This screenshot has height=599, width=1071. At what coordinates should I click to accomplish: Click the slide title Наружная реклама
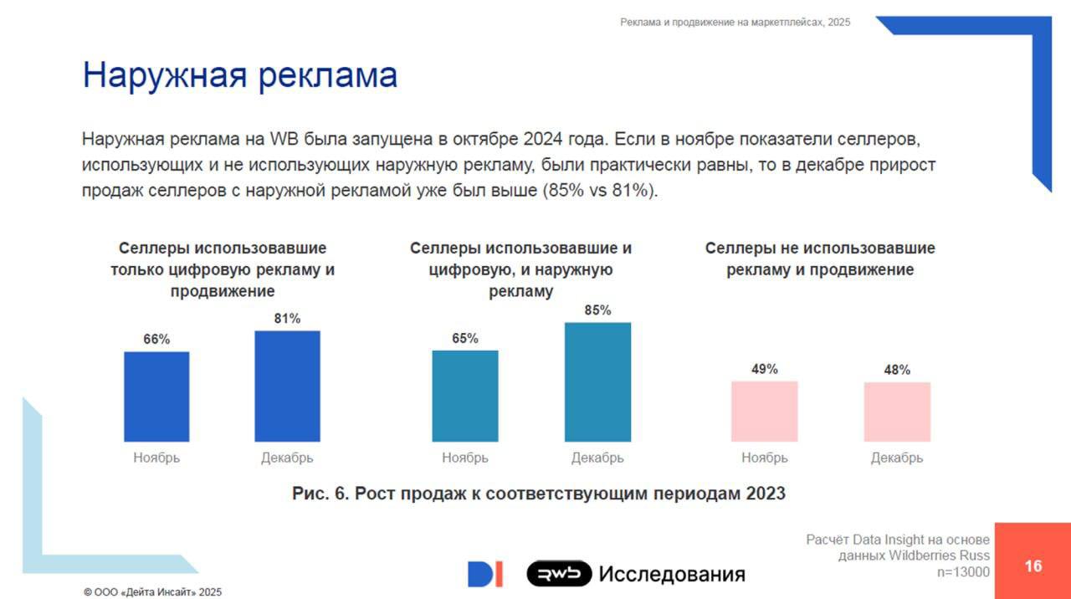click(239, 75)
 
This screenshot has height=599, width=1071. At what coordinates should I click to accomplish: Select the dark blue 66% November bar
click(156, 397)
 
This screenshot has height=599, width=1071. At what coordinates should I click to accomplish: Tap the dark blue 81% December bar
click(287, 386)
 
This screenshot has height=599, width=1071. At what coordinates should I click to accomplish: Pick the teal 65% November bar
click(464, 396)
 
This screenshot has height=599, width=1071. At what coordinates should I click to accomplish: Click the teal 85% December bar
click(597, 381)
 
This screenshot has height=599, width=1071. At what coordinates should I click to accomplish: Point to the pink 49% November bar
click(764, 411)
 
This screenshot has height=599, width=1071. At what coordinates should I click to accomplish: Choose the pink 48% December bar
click(897, 412)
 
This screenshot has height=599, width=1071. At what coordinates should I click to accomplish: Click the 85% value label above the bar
click(597, 310)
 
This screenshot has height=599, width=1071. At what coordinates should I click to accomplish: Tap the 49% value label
click(764, 369)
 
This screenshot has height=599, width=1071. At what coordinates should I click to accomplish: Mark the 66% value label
click(156, 339)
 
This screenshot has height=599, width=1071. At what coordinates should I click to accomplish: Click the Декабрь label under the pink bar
click(897, 458)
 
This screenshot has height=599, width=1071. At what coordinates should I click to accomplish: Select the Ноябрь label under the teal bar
click(464, 458)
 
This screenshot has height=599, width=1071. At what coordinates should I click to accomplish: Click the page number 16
click(1033, 566)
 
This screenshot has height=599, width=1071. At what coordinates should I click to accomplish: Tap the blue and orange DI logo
click(485, 574)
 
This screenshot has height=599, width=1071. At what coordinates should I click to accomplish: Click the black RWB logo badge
click(559, 574)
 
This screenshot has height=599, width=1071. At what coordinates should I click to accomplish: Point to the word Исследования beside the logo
click(672, 575)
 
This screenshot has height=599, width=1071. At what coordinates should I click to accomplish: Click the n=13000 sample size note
click(963, 572)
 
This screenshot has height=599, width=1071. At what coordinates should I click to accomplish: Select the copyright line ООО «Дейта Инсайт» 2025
click(153, 591)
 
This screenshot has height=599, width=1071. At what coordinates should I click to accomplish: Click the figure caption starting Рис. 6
click(539, 494)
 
